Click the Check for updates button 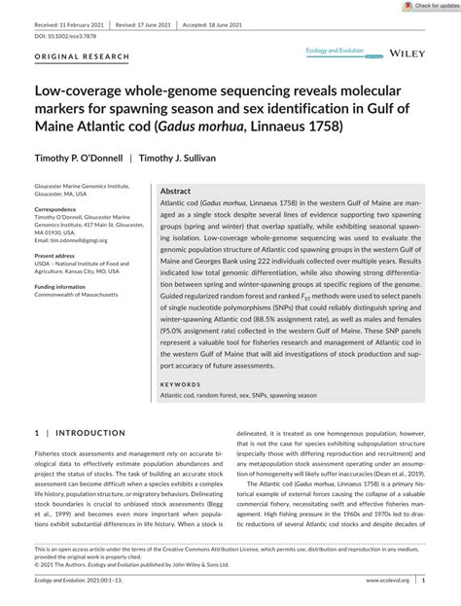pos(429,6)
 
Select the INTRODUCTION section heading pos(88,433)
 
